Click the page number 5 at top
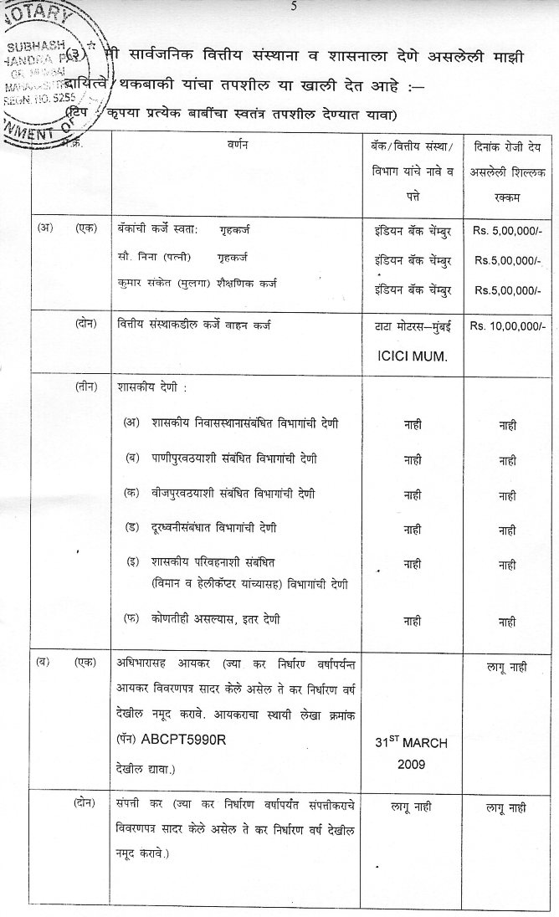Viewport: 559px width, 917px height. [x=294, y=7]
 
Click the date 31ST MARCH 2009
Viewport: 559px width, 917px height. [x=413, y=752]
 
